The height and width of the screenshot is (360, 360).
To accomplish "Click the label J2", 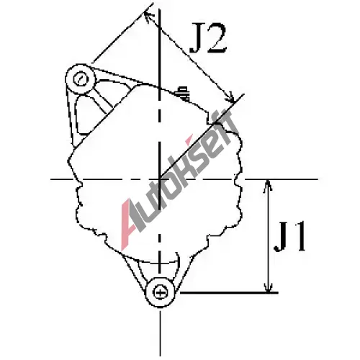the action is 208,38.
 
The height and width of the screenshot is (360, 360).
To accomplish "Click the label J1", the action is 290,236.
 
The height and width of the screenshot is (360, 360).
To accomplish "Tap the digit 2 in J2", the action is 217,38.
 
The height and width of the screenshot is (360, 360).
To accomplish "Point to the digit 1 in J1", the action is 298,236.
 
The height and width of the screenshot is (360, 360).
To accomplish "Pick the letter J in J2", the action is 197,38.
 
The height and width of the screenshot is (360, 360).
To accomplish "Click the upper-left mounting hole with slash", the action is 81,79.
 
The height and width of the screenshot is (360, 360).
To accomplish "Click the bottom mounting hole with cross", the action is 160,293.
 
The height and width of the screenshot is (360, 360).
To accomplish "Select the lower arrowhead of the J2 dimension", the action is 230,98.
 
